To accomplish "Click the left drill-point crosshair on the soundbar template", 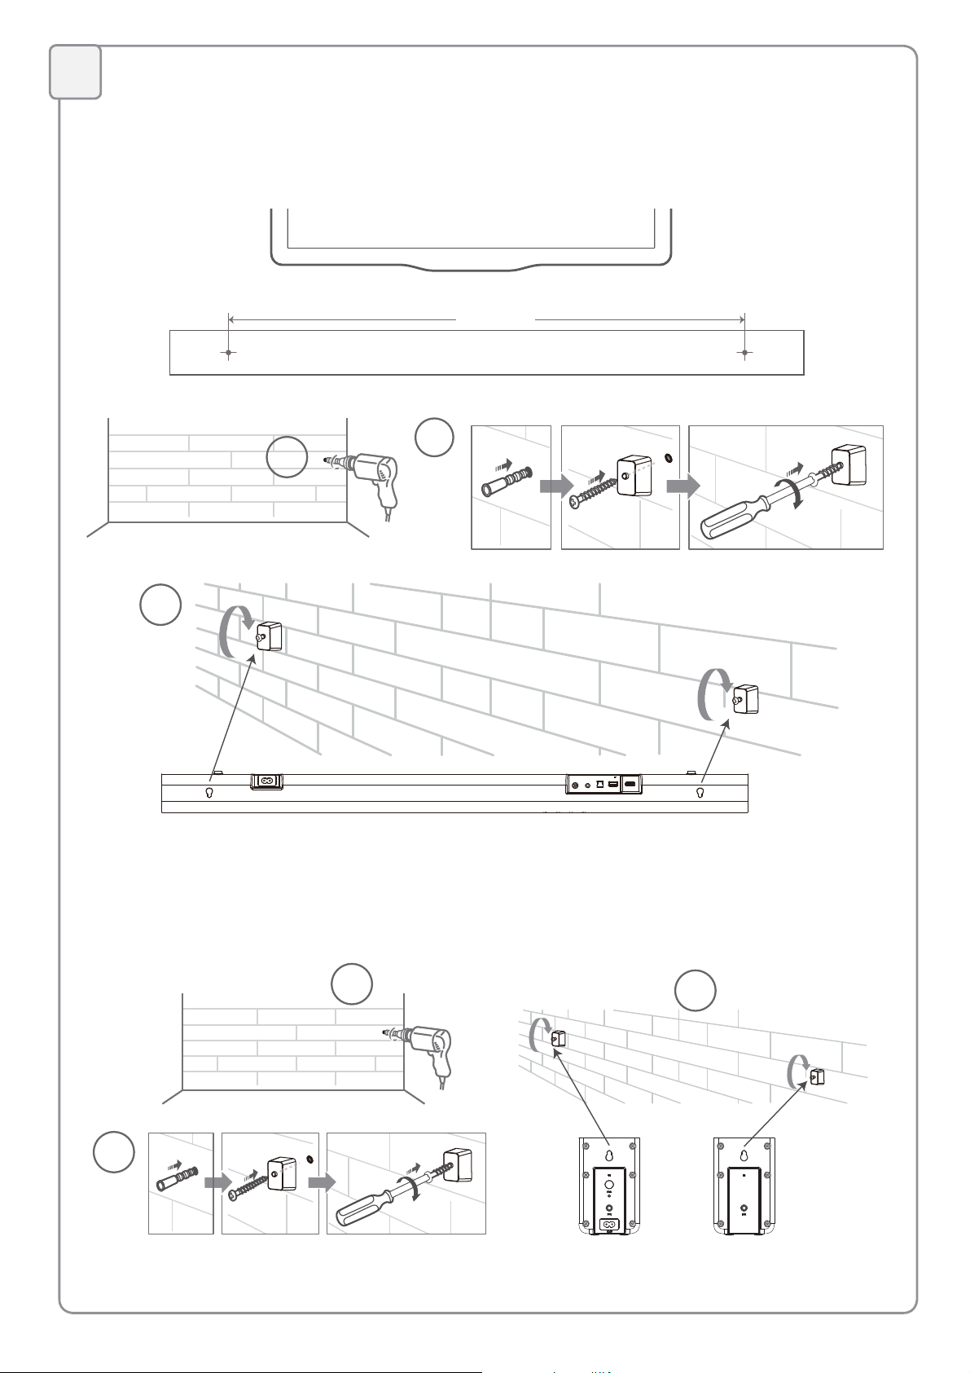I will point(229,353).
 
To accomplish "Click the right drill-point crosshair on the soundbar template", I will point(745,353).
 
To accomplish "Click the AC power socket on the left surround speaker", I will point(607,1223).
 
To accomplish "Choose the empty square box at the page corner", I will point(76,72).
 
